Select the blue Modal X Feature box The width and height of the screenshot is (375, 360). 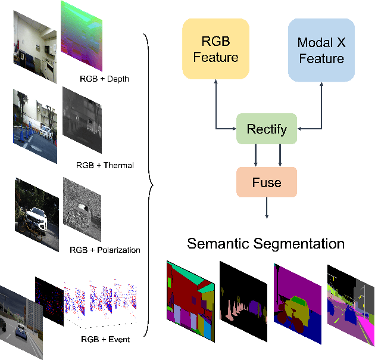321,50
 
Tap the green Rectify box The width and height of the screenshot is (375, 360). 267,129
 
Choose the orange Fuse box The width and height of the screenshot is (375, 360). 267,182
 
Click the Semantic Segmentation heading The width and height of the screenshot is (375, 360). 265,244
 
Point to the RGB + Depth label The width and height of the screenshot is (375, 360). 104,79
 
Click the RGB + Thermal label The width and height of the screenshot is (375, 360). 105,165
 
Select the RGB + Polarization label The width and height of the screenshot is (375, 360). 105,250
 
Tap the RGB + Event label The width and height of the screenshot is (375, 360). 105,339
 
